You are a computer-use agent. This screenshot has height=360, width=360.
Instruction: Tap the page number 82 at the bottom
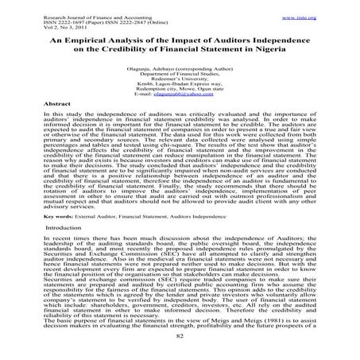[x=180, y=336]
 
